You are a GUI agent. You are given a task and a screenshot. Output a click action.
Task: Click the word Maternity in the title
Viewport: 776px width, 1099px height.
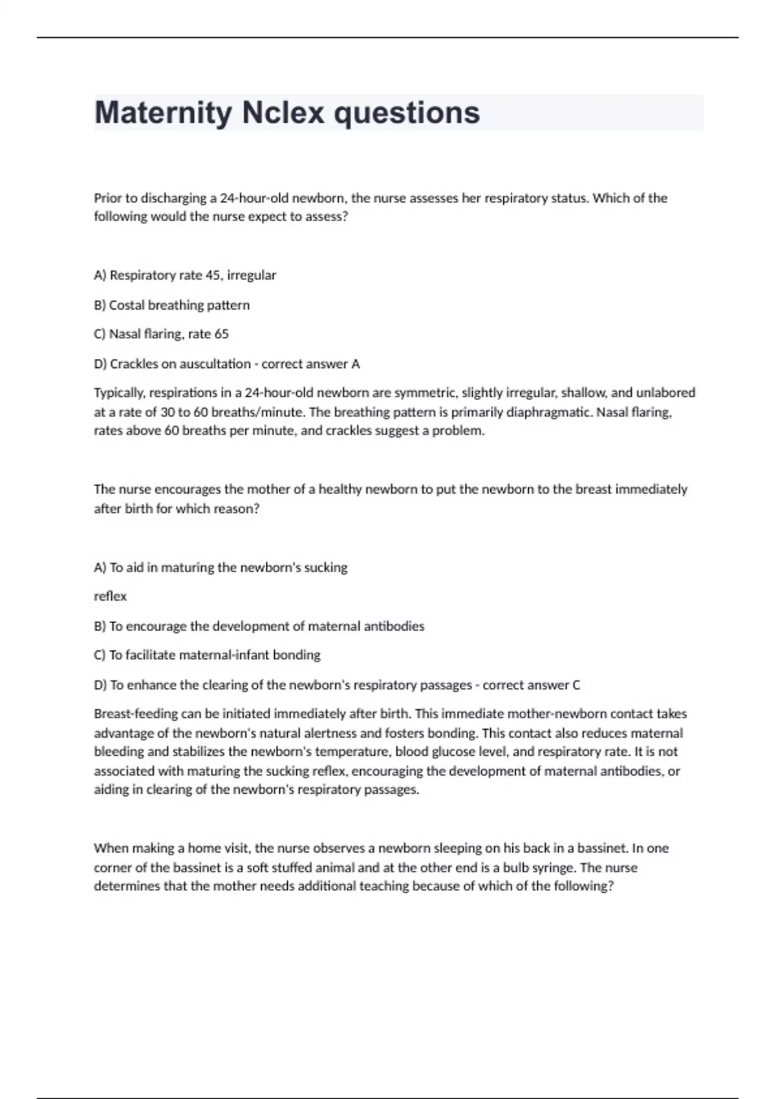(x=163, y=113)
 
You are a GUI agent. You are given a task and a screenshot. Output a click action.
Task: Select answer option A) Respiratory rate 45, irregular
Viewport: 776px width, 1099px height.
(x=185, y=275)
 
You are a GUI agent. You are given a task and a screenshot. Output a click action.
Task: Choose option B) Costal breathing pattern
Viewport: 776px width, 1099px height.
(x=171, y=305)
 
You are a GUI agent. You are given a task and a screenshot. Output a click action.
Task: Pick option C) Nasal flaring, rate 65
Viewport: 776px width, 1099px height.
(x=161, y=334)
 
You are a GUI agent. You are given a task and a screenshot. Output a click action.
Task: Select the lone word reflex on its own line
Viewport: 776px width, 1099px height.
(x=110, y=596)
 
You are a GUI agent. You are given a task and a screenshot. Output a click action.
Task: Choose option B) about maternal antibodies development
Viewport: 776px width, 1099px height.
(x=259, y=626)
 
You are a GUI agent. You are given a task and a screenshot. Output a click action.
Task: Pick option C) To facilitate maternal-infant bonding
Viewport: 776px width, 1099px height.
(x=207, y=655)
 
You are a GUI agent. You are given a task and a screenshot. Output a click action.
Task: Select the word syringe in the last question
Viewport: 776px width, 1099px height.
(x=554, y=868)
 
